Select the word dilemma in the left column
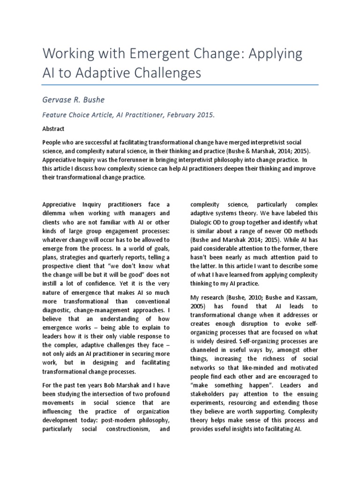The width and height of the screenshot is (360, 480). point(55,213)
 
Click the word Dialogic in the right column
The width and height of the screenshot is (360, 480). point(202,221)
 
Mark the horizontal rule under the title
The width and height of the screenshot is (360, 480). point(180,85)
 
